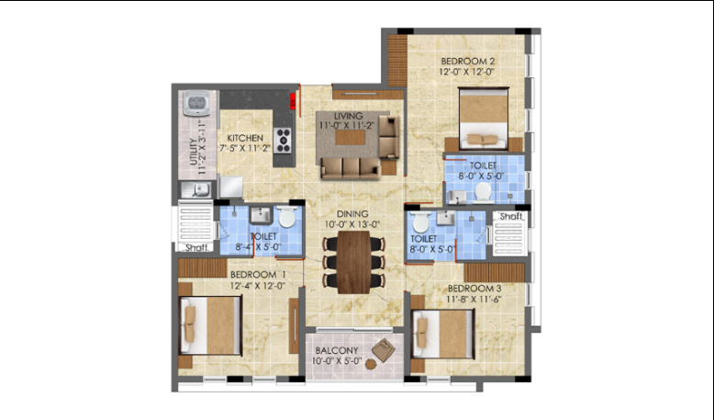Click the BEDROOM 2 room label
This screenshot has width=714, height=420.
click(x=468, y=61)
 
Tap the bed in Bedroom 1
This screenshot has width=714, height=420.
click(x=210, y=324)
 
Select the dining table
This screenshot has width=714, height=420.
click(x=354, y=262)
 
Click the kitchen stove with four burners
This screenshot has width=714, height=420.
click(x=283, y=140)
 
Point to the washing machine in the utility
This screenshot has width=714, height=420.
click(x=196, y=103)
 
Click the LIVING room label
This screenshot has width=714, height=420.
click(x=349, y=116)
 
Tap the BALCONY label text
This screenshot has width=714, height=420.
click(x=337, y=351)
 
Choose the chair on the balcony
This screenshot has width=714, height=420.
click(x=384, y=350)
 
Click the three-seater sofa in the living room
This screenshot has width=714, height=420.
click(x=351, y=168)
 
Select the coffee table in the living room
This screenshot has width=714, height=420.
click(x=351, y=137)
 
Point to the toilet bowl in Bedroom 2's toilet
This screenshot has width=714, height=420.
click(x=482, y=192)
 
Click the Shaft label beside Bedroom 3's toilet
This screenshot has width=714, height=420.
click(x=511, y=216)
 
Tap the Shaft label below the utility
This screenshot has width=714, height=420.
click(x=196, y=247)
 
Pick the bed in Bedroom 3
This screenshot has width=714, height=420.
click(x=442, y=334)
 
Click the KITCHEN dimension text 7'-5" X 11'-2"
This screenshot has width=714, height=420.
click(x=245, y=148)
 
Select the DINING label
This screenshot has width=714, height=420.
click(x=352, y=214)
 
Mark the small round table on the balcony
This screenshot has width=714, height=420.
click(x=371, y=364)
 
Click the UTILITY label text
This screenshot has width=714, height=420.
click(x=194, y=152)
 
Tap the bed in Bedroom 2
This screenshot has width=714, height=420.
click(x=483, y=118)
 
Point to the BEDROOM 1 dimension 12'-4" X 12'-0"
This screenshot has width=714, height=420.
click(x=257, y=286)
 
